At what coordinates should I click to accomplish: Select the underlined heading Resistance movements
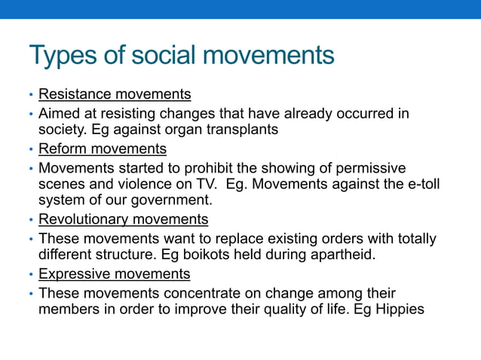point(115,95)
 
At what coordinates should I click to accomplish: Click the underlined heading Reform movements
point(103,149)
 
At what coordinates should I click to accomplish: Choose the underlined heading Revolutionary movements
point(123,220)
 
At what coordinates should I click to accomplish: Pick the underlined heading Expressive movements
point(114,274)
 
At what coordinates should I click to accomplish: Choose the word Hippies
point(399,310)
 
